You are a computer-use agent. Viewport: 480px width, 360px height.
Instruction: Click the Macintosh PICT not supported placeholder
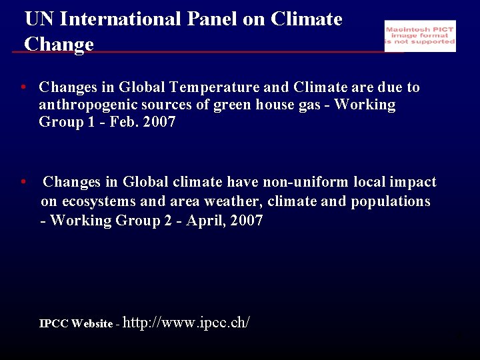click(420, 36)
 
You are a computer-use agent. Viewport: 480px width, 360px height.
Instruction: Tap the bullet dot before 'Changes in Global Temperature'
click(23, 87)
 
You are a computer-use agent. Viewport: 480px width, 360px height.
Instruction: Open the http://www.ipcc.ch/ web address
click(187, 323)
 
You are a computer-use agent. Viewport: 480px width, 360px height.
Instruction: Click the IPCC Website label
click(76, 324)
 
